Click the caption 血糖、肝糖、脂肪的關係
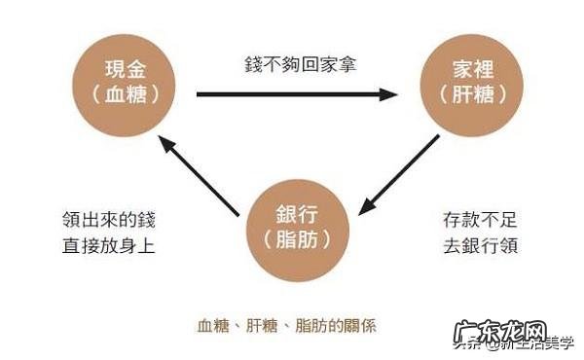(x=286, y=326)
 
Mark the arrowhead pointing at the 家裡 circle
(x=390, y=95)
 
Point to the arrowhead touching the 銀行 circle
(x=367, y=207)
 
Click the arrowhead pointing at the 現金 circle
(x=165, y=143)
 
